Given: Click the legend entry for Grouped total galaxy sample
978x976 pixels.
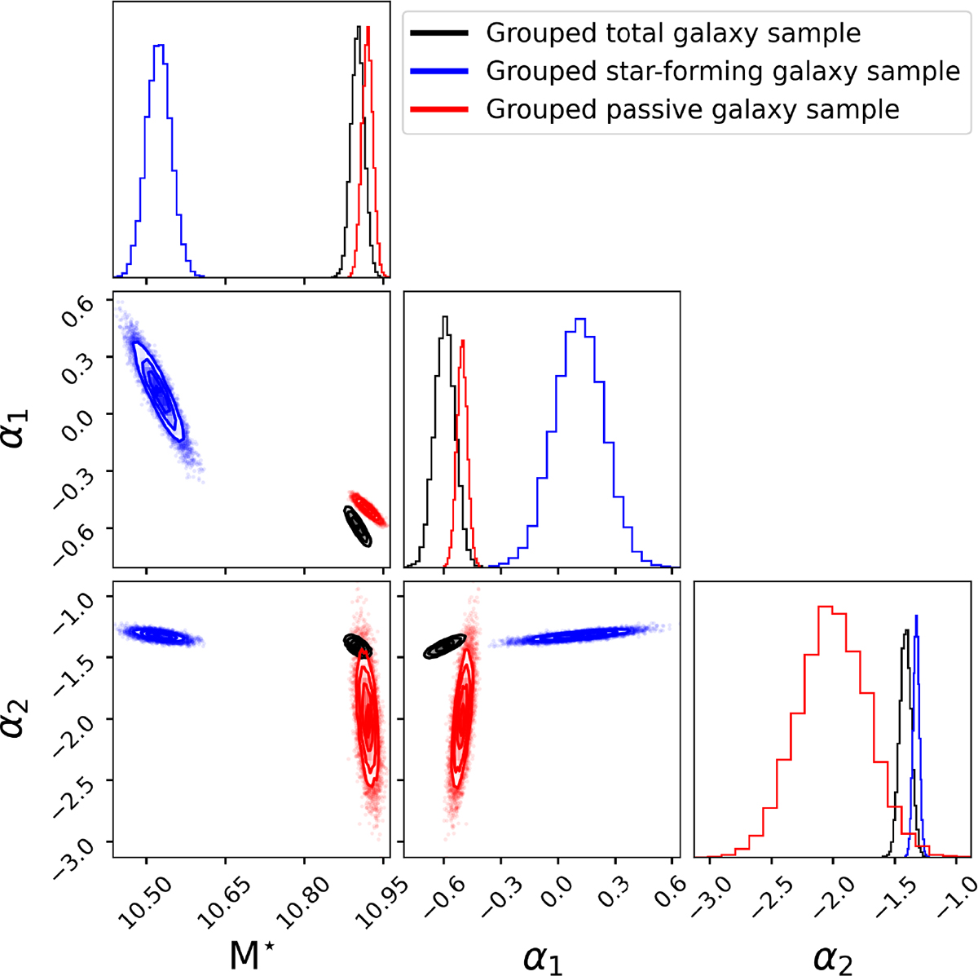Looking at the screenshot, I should click(x=672, y=33).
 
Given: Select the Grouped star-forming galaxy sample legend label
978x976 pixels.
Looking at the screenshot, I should click(x=722, y=72).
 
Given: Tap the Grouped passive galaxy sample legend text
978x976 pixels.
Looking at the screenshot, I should click(x=692, y=109).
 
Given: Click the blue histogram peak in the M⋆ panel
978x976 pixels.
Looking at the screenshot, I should click(x=160, y=46).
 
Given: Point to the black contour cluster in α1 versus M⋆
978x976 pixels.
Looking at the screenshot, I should click(x=357, y=526).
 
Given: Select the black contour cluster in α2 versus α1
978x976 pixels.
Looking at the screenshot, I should click(x=445, y=647).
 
